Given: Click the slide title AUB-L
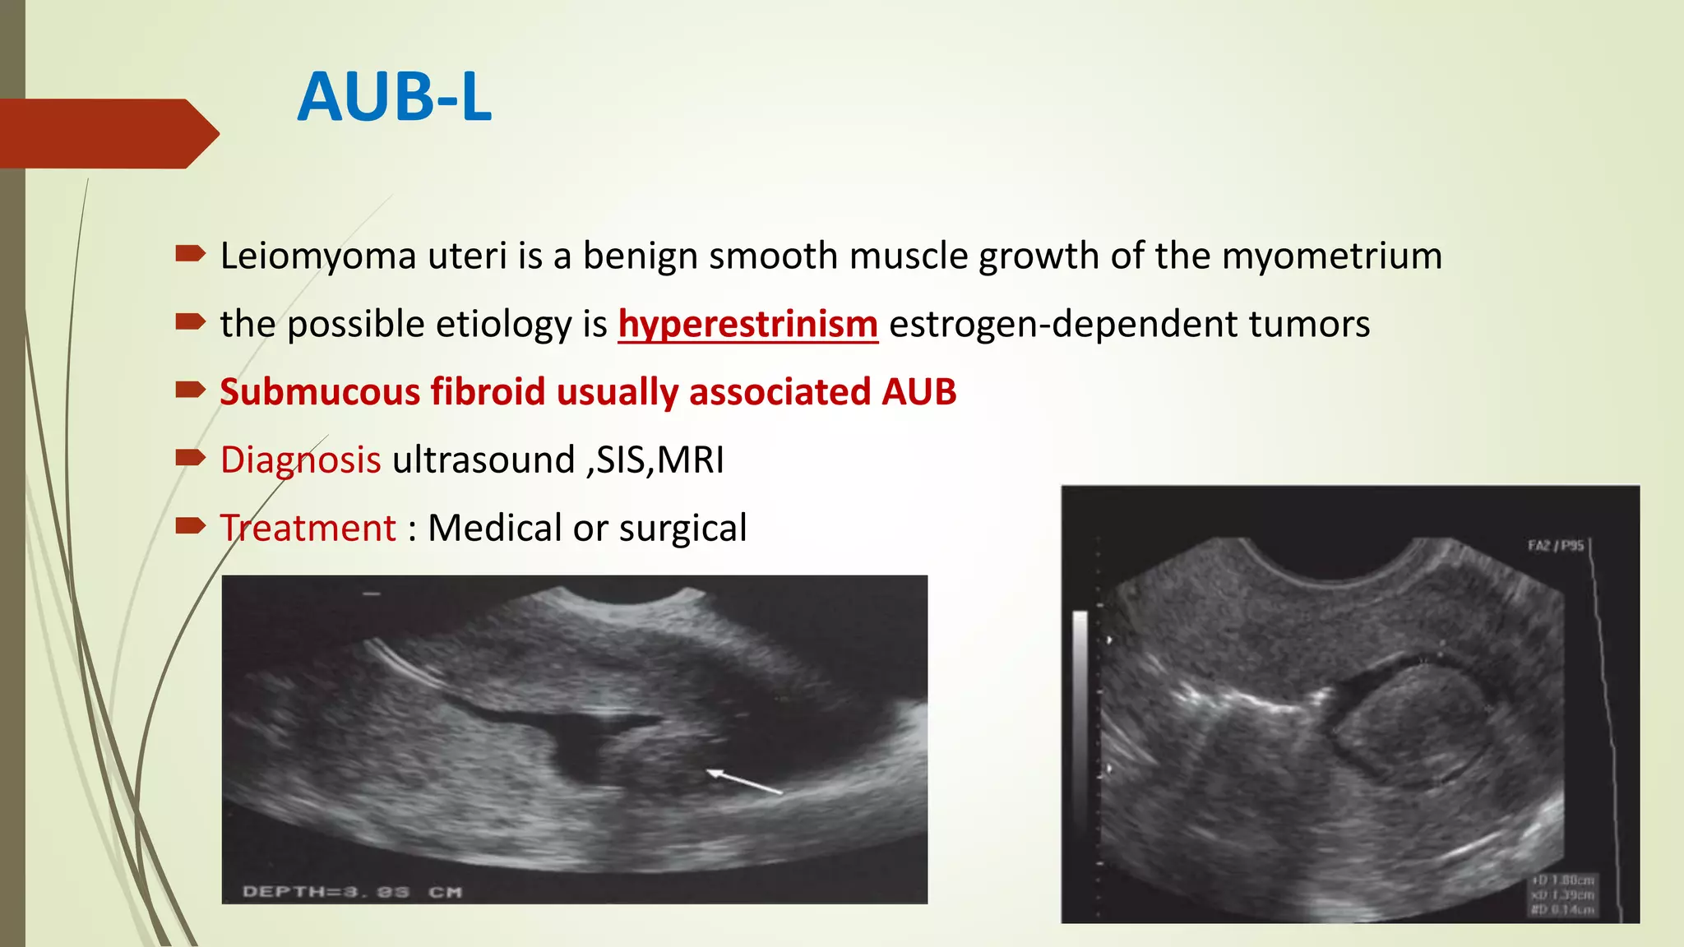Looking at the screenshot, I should [395, 98].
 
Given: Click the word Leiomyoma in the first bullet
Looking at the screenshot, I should [318, 256].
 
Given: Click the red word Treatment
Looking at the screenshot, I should [308, 529].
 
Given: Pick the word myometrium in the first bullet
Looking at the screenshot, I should [1331, 256].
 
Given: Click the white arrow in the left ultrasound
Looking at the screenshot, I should [744, 781].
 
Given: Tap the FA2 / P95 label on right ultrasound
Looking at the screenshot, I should [1555, 546].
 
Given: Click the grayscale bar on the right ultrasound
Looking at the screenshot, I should [1080, 691].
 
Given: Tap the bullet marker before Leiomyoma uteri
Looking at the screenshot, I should [190, 254].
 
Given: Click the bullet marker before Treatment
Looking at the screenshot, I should [190, 526].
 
